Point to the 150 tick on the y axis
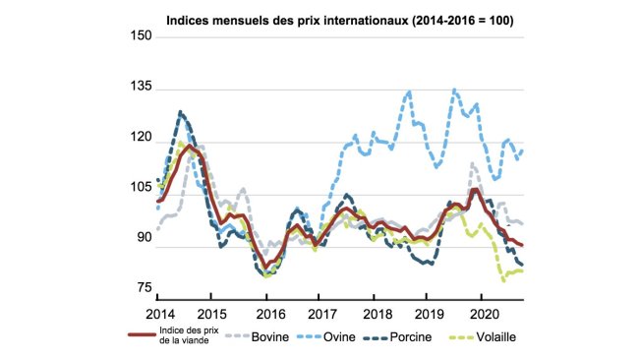(x=139, y=36)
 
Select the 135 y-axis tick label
(x=139, y=88)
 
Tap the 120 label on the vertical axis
(x=139, y=140)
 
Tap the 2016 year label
(x=268, y=312)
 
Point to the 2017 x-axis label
(x=321, y=312)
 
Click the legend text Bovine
(x=272, y=336)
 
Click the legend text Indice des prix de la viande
(x=187, y=336)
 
